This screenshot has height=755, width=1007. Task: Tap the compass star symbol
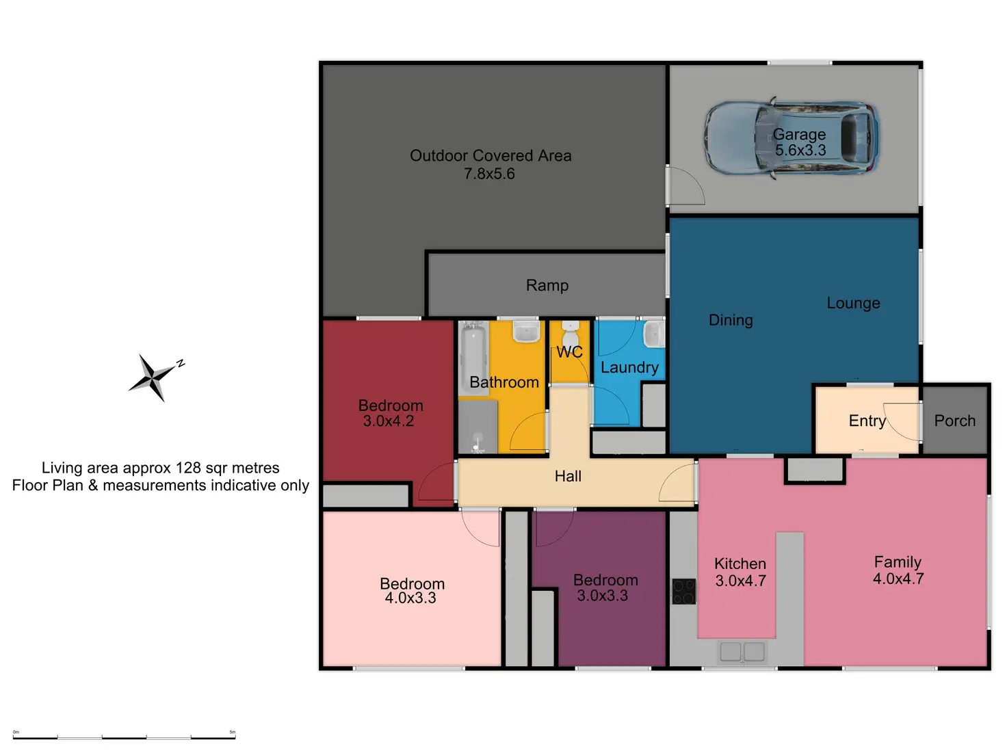pos(154,377)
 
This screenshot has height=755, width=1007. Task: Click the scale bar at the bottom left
pos(124,737)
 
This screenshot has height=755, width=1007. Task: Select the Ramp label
pos(547,285)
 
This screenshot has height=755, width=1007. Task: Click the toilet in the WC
pos(571,335)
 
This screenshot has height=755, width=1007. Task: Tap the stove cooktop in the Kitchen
pos(683,592)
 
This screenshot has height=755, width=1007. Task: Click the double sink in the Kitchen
pos(742,651)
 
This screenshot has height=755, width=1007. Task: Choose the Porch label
pos(955,421)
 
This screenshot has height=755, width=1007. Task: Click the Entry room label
pos(867,421)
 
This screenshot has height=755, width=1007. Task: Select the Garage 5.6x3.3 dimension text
pos(800,150)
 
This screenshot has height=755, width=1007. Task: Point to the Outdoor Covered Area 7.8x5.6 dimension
pos(489,174)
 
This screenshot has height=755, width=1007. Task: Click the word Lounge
pos(853,303)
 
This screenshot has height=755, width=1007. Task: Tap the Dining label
pos(731,320)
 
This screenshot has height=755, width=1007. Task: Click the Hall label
pos(568,476)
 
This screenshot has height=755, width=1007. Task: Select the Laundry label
pos(629,367)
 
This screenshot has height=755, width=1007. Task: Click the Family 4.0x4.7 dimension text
pos(898,579)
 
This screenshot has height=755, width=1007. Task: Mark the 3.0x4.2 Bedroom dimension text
pos(389,421)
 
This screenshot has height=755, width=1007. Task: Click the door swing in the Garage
pos(686,186)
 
